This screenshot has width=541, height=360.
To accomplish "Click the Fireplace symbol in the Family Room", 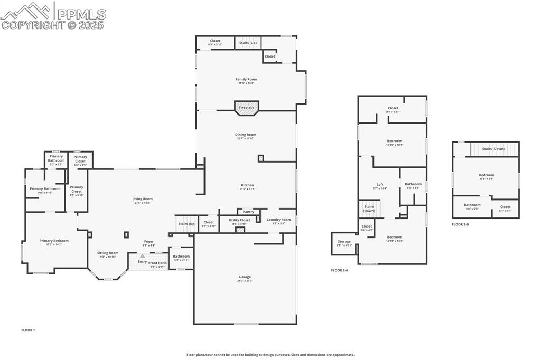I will point(246,107).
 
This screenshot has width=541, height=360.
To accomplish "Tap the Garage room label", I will point(245,277).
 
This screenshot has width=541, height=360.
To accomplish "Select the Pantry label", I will point(248,212).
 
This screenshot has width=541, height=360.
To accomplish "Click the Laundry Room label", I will point(278,220).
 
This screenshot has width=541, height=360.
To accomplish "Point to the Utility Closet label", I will point(239,220).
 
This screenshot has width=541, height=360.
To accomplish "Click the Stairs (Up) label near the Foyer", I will point(186,224).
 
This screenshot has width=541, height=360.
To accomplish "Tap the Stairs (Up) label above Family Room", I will point(248,42).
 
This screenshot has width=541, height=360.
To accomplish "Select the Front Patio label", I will point(157,263).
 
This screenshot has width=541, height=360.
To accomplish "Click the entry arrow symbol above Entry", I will point(142,255).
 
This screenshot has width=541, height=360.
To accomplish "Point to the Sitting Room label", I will point(108,253).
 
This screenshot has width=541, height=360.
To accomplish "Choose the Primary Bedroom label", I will point(54,241).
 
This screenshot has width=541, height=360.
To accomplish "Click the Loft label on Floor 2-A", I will point(379,184).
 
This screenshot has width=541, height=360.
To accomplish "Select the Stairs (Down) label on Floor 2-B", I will point(493,149).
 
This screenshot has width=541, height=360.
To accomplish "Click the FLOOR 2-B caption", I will point(460,224).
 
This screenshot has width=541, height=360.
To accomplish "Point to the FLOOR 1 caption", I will point(28,330).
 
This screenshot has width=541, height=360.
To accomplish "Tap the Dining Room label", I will point(246,135).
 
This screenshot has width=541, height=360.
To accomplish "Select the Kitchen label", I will point(247,185).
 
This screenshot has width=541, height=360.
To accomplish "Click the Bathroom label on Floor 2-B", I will point(472,205).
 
